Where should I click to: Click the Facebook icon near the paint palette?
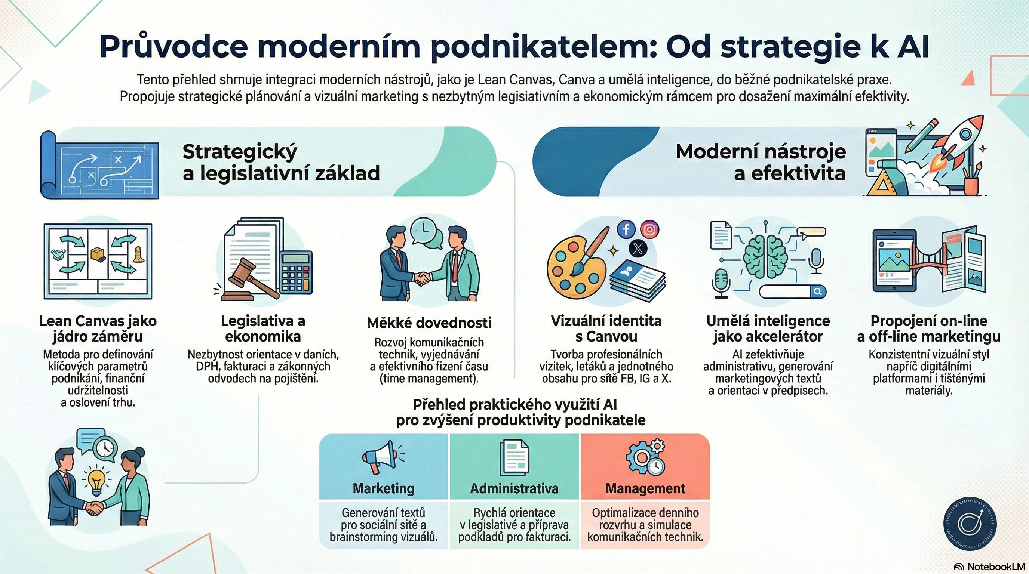pos(626,229)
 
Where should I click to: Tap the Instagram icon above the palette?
pos(649,229)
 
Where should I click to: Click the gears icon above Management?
pos(645,457)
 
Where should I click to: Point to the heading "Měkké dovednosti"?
pos(429,323)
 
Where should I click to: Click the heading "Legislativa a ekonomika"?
pos(263,328)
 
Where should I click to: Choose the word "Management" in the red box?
pos(645,488)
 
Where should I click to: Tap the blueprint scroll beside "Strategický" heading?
pos(100,165)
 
